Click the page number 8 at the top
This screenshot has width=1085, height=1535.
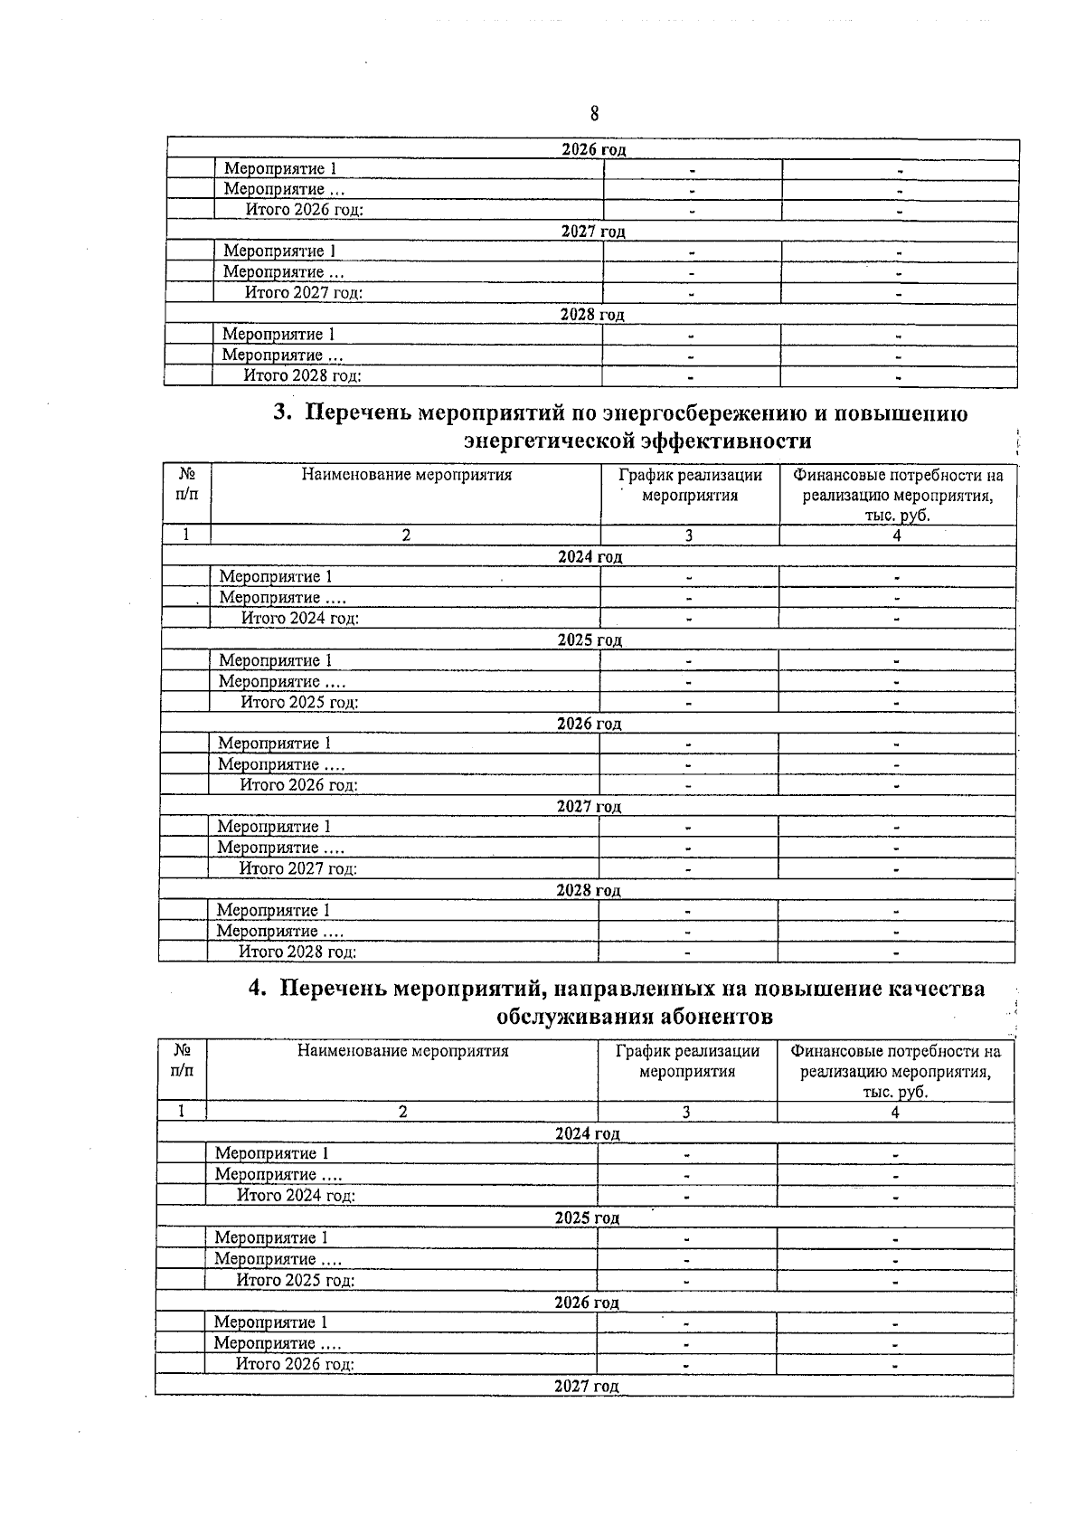[594, 114]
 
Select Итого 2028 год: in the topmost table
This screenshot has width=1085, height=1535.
[303, 376]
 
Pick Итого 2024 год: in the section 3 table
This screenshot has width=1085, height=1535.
[300, 619]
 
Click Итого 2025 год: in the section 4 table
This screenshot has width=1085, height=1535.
[296, 1280]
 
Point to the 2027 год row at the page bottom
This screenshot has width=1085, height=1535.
[587, 1386]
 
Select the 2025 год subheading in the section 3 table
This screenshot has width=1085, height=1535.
[590, 640]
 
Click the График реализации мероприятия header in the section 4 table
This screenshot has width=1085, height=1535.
[687, 1061]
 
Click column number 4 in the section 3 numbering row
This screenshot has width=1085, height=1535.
[897, 535]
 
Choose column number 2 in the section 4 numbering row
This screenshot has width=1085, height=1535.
[403, 1112]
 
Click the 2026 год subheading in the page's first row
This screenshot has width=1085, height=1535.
[594, 149]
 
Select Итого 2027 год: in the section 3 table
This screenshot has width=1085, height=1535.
[298, 868]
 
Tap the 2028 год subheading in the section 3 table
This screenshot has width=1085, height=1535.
[589, 890]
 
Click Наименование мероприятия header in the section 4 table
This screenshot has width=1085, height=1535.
[403, 1051]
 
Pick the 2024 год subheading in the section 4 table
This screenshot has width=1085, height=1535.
[588, 1133]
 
